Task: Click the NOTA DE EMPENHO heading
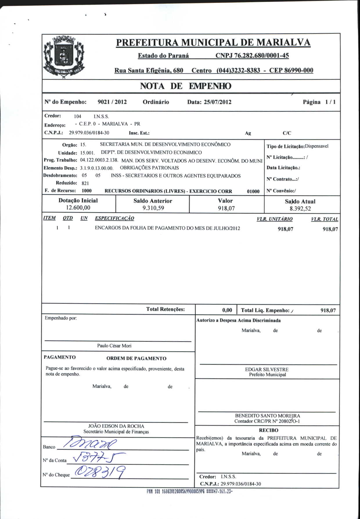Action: [186, 86]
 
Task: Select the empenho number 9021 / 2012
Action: [112, 102]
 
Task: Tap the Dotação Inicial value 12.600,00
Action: [78, 208]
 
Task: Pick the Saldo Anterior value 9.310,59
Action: [153, 208]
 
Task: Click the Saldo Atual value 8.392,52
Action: [300, 209]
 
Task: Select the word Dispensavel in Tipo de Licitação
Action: [316, 146]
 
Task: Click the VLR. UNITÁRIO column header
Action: [274, 219]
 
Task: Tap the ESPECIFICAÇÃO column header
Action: [114, 218]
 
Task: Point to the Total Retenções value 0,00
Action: [227, 310]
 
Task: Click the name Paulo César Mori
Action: [114, 346]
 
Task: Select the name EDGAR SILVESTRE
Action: [267, 369]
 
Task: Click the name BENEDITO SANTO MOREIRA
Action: [267, 416]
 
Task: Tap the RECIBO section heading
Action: [268, 430]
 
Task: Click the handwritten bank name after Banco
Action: [90, 444]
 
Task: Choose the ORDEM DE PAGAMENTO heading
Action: [136, 359]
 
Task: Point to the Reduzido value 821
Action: [85, 183]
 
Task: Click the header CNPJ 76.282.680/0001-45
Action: [252, 56]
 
